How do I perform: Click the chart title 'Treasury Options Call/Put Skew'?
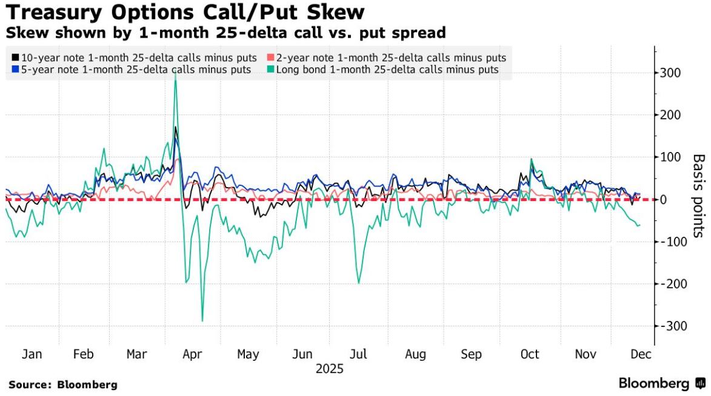point(185,12)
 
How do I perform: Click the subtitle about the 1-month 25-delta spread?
point(225,33)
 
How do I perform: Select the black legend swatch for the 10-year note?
point(16,58)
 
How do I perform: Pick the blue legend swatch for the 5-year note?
point(16,70)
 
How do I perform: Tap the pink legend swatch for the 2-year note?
point(270,58)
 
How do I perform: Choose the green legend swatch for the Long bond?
point(270,70)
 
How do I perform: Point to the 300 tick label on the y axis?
point(670,73)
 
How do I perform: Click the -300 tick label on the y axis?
point(667,326)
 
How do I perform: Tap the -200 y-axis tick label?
point(667,284)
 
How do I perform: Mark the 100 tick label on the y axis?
point(670,157)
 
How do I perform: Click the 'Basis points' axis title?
point(699,196)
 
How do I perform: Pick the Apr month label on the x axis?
point(192,355)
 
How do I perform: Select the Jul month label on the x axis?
point(358,355)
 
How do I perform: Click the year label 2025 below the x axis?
point(329,369)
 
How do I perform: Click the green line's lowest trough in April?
point(202,321)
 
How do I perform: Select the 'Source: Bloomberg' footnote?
point(63,384)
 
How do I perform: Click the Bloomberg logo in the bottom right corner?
point(662,384)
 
